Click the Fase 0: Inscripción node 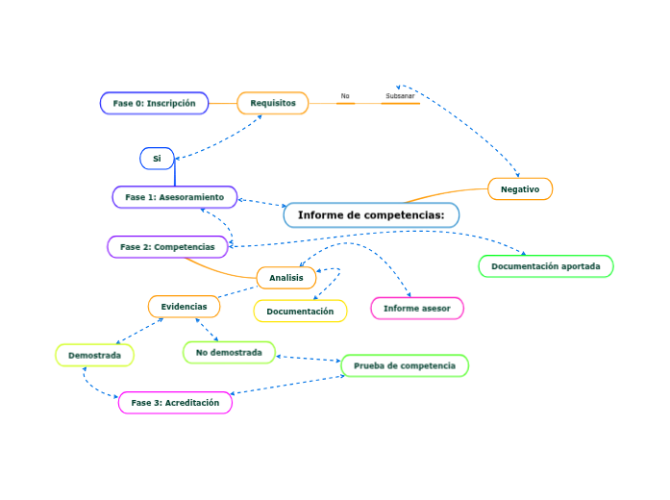tap(154, 103)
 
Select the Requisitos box tap(273, 103)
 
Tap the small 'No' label tap(345, 96)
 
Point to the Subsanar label tap(400, 96)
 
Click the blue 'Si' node tap(157, 158)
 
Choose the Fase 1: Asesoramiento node tap(174, 197)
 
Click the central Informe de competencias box tap(371, 214)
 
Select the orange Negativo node tap(520, 189)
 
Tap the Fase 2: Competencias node tap(167, 247)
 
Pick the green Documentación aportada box tap(545, 265)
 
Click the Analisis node tap(286, 278)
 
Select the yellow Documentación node tap(300, 312)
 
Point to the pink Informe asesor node tap(417, 308)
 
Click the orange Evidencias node tap(184, 307)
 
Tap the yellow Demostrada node tap(94, 356)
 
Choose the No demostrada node tap(229, 353)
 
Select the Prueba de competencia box tap(405, 365)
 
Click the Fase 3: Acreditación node tap(175, 403)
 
